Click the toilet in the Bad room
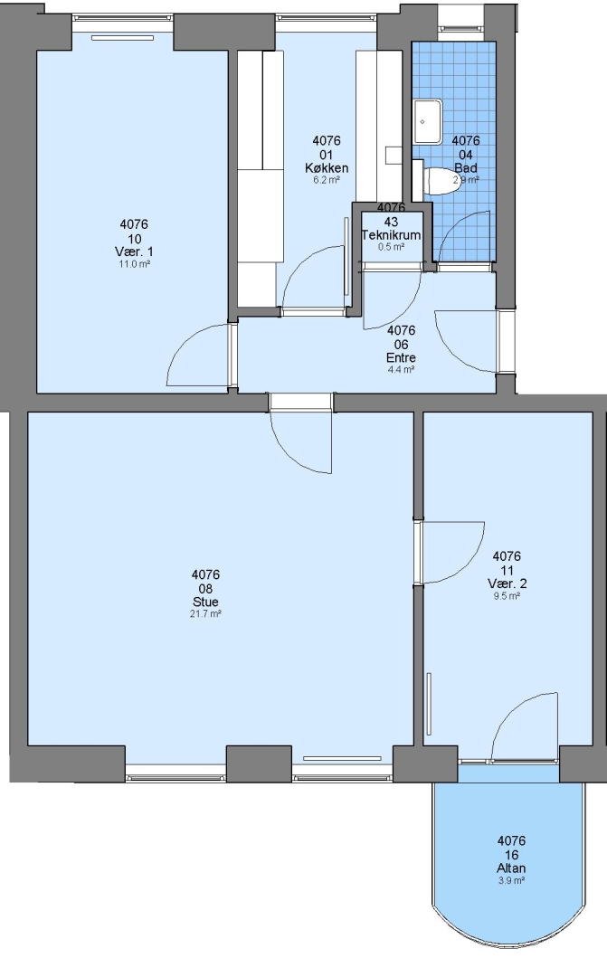coord(440,180)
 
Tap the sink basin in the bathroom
coord(428,119)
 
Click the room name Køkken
coord(327,168)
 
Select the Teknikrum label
coord(392,235)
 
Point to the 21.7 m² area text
coord(205,613)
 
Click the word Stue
coord(205,602)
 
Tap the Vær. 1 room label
coord(134,251)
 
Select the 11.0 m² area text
coord(134,263)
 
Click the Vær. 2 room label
coord(507,583)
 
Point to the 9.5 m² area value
coord(507,595)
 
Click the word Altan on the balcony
coord(511,868)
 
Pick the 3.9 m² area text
coord(511,880)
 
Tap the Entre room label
coord(401,357)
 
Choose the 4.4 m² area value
coord(401,369)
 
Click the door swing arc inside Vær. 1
coord(185,340)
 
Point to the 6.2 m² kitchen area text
coord(327,180)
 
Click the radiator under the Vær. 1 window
coord(122,38)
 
